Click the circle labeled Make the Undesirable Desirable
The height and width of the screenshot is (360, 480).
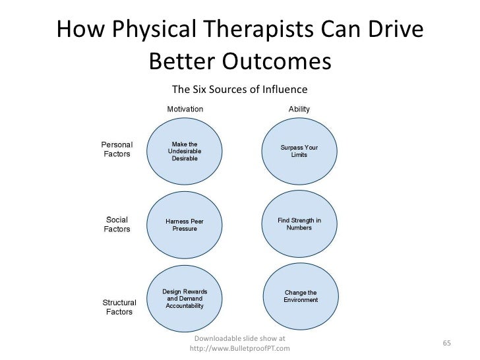(x=185, y=151)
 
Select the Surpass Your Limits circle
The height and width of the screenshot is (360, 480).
(x=299, y=151)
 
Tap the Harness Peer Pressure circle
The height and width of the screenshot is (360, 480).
(x=185, y=225)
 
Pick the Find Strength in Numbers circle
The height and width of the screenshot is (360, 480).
(x=299, y=224)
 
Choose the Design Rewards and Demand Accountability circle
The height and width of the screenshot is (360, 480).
(x=185, y=299)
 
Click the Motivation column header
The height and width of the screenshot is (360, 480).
(x=185, y=109)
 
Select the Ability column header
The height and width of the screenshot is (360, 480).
(x=299, y=109)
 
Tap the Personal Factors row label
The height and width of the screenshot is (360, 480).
(x=117, y=149)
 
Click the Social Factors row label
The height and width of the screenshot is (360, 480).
(x=117, y=224)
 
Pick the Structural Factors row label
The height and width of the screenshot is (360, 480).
(x=119, y=307)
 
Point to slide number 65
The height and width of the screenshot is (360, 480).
(x=446, y=344)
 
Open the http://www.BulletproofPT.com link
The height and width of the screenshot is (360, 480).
(x=239, y=348)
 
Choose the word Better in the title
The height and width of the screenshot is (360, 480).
(x=181, y=62)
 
